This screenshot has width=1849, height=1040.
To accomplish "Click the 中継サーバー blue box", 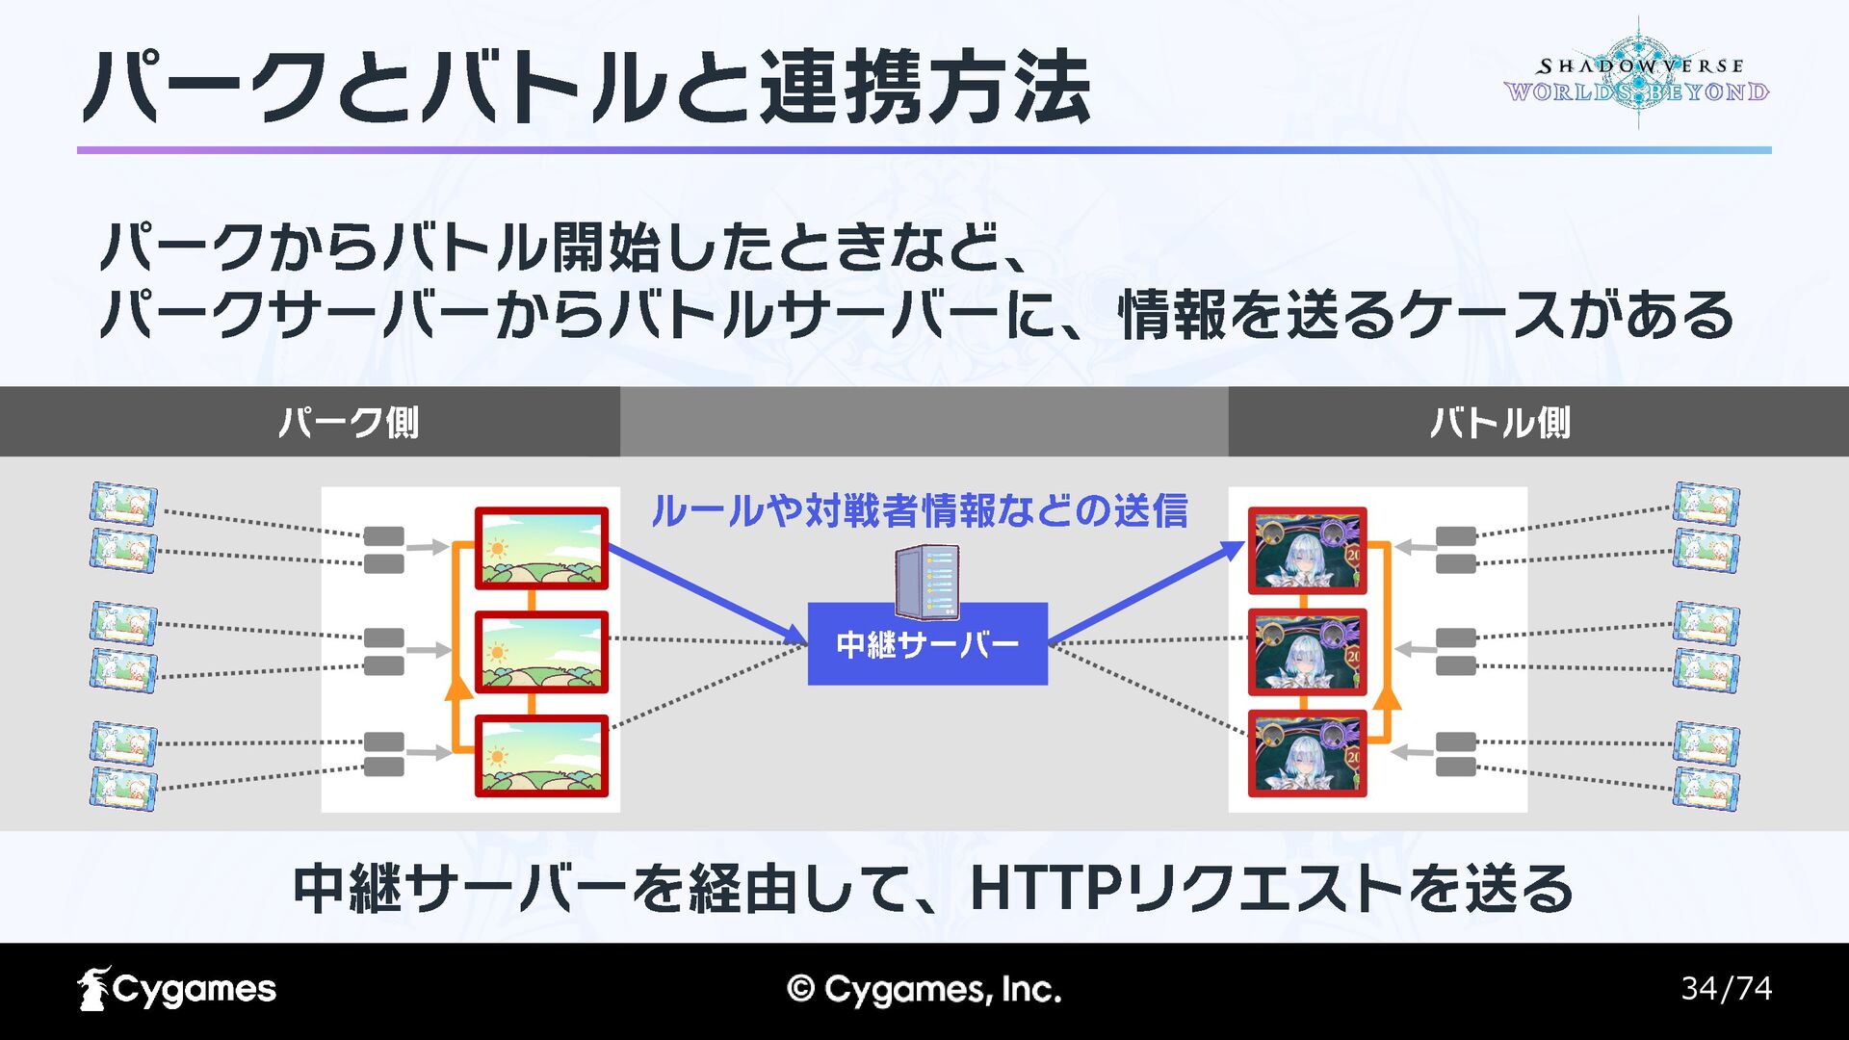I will click(x=926, y=643).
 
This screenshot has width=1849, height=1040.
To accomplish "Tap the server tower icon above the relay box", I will click(x=926, y=581).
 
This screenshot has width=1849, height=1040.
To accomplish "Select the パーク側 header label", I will click(x=349, y=422).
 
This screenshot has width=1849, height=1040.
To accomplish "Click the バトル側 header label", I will click(x=1499, y=422).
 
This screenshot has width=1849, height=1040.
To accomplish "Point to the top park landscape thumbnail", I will click(x=541, y=548).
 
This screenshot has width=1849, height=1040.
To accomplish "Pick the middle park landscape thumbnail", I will click(x=541, y=652).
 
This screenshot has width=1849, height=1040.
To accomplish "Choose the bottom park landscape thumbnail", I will click(x=541, y=756).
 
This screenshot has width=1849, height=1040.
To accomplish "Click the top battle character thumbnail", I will click(x=1307, y=550).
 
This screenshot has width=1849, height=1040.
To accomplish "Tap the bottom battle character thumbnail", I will click(x=1307, y=754).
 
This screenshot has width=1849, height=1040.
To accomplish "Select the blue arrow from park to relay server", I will click(x=708, y=594).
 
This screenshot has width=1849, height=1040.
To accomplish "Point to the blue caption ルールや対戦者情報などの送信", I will click(x=920, y=510).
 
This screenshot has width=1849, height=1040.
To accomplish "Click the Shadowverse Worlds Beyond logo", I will click(x=1637, y=77).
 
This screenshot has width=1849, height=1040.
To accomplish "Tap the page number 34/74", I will click(x=1726, y=989).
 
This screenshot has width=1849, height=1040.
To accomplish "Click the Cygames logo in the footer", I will click(x=177, y=989).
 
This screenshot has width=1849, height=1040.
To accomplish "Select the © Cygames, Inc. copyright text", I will click(x=924, y=989).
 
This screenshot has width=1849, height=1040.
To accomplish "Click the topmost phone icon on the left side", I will click(x=123, y=504).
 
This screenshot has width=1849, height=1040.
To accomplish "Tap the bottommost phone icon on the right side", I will click(x=1706, y=789).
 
